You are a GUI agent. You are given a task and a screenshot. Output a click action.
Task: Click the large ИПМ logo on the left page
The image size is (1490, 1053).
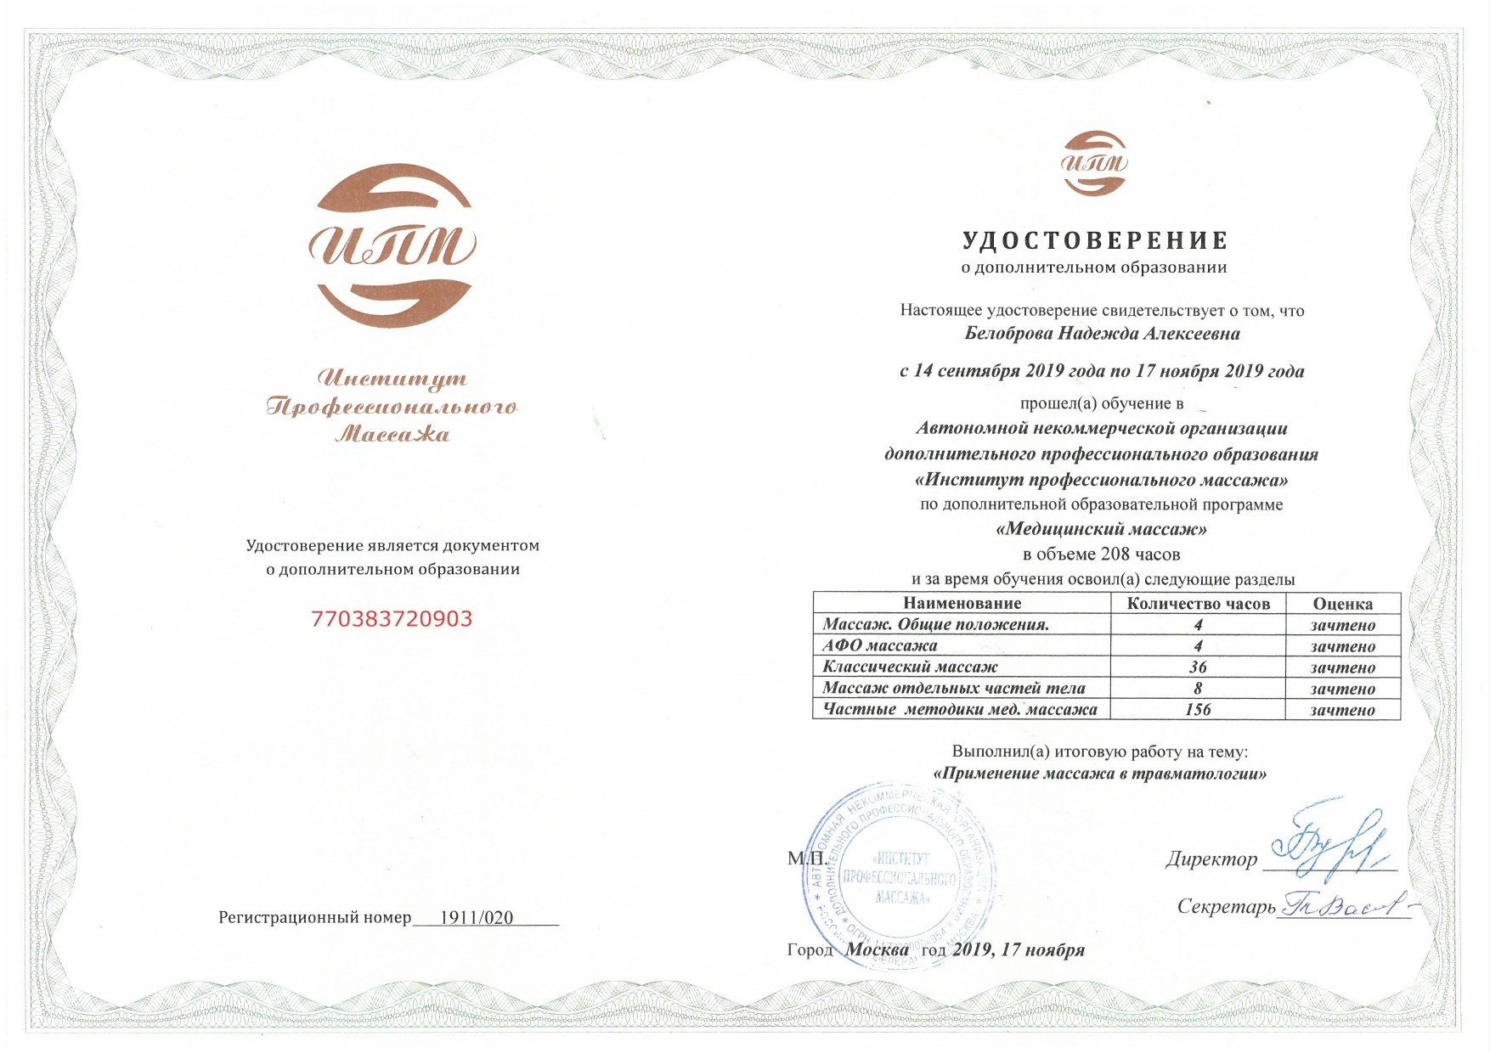tap(392, 245)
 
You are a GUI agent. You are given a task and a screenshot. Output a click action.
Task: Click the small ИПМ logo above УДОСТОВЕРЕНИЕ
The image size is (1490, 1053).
tap(1094, 163)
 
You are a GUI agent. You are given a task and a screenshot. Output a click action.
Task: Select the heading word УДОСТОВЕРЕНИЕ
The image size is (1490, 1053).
tap(1095, 241)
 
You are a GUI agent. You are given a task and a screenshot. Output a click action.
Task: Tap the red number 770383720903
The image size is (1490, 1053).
tap(392, 619)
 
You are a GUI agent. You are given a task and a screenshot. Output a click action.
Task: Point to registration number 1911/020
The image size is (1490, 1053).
tap(476, 918)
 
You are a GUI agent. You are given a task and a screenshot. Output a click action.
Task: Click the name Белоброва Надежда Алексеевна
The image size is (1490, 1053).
tap(1102, 334)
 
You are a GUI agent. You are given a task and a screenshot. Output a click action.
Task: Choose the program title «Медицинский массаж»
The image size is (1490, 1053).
tap(1101, 529)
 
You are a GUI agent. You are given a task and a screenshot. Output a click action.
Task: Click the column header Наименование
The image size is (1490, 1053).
tap(962, 604)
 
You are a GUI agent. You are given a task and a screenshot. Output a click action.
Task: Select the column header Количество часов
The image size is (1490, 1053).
tap(1198, 604)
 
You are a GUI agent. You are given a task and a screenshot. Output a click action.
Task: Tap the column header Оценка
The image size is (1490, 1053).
tap(1342, 604)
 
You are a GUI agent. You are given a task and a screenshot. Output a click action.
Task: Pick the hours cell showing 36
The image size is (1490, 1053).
tap(1198, 667)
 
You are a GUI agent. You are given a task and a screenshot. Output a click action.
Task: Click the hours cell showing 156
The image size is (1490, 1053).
tap(1198, 710)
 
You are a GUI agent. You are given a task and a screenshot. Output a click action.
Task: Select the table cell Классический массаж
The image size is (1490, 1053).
tap(910, 667)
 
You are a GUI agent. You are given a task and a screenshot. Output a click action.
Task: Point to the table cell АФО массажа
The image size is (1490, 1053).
tap(879, 646)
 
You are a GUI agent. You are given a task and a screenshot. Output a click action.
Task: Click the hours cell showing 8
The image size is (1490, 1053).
tap(1198, 689)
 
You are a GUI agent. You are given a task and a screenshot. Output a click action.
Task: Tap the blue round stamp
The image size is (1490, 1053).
tap(899, 876)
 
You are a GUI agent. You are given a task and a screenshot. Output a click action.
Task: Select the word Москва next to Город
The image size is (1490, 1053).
tap(876, 949)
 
